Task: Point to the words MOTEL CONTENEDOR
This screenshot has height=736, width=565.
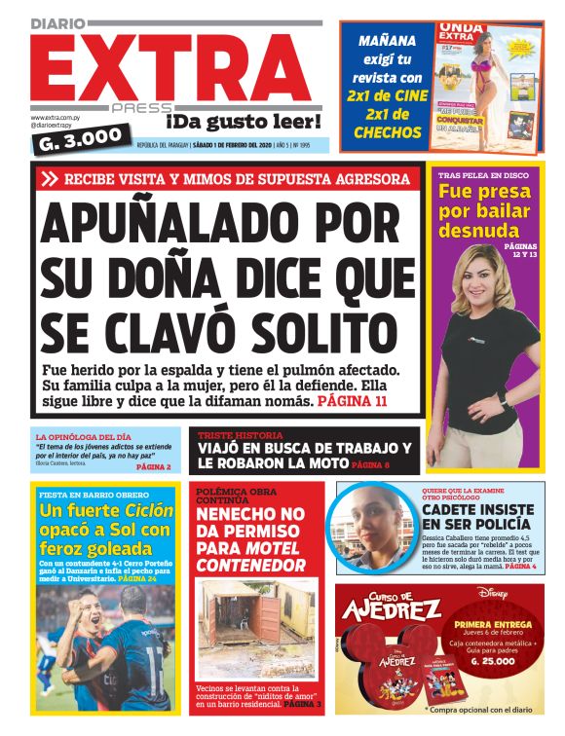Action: pos(251,556)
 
